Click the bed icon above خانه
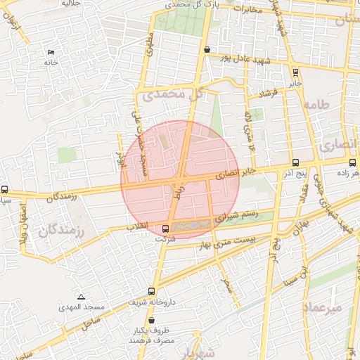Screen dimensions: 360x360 (x=51, y=53)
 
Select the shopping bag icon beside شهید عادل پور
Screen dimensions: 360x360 (x=206, y=50)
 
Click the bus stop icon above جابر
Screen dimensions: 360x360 (x=295, y=72)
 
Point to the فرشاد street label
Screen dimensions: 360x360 (x=269, y=93)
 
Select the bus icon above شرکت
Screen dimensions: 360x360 (x=166, y=229)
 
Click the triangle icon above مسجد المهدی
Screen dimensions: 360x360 (x=82, y=297)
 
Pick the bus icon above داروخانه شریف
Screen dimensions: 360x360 (x=152, y=291)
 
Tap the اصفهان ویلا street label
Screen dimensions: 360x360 (x=22, y=224)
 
